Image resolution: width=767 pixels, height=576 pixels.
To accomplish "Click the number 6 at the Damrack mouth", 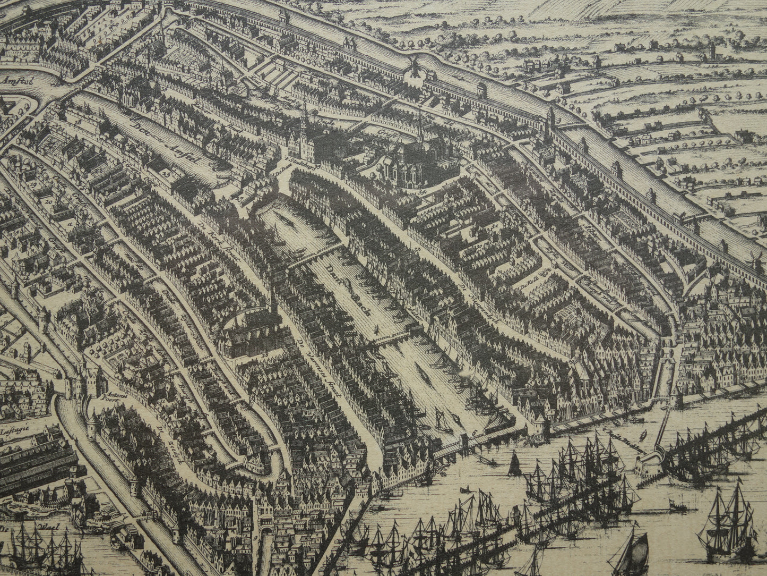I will pyautogui.click(x=474, y=433).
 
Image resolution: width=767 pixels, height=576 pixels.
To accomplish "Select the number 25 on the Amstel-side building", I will pyautogui.click(x=167, y=173).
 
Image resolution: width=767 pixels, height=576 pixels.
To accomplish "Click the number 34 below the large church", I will pyautogui.click(x=423, y=191).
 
